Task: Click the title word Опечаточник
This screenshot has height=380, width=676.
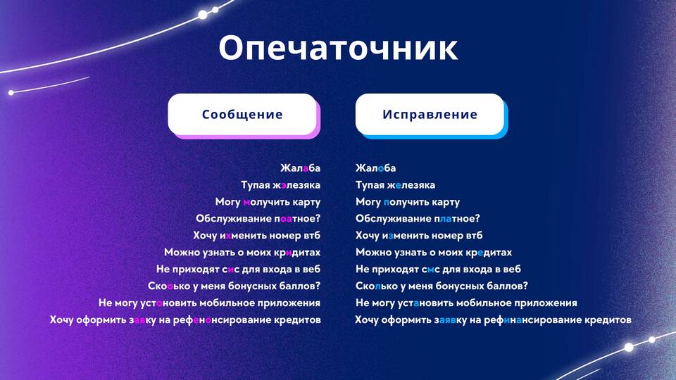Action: click(x=338, y=47)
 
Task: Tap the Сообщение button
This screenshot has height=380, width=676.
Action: click(x=242, y=114)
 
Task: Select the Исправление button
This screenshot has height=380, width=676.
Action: click(x=430, y=114)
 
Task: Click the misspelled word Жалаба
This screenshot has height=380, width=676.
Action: click(x=300, y=167)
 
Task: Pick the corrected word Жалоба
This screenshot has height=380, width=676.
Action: click(x=375, y=167)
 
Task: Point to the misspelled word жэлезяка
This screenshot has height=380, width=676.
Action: click(x=297, y=185)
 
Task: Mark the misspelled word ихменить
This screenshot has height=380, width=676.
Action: click(x=243, y=235)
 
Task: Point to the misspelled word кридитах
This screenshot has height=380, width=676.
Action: click(x=297, y=253)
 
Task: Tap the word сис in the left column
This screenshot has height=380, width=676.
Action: click(x=231, y=270)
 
